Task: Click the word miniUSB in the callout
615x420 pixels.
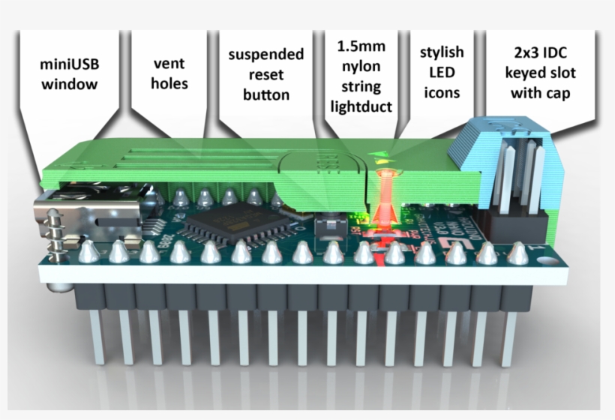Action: tap(69, 64)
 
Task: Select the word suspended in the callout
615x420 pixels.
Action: tap(266, 55)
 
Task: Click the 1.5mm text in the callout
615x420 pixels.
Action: tap(361, 46)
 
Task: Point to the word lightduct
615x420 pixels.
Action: tap(361, 106)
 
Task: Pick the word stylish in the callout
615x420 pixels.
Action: tap(442, 52)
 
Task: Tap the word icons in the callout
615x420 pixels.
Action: tap(442, 93)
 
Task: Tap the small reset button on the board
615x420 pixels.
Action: tap(328, 223)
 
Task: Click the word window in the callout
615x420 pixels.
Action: tap(69, 84)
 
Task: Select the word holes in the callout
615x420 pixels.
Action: tap(169, 83)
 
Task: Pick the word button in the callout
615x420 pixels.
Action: tap(266, 95)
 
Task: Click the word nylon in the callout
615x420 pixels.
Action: tap(361, 67)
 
